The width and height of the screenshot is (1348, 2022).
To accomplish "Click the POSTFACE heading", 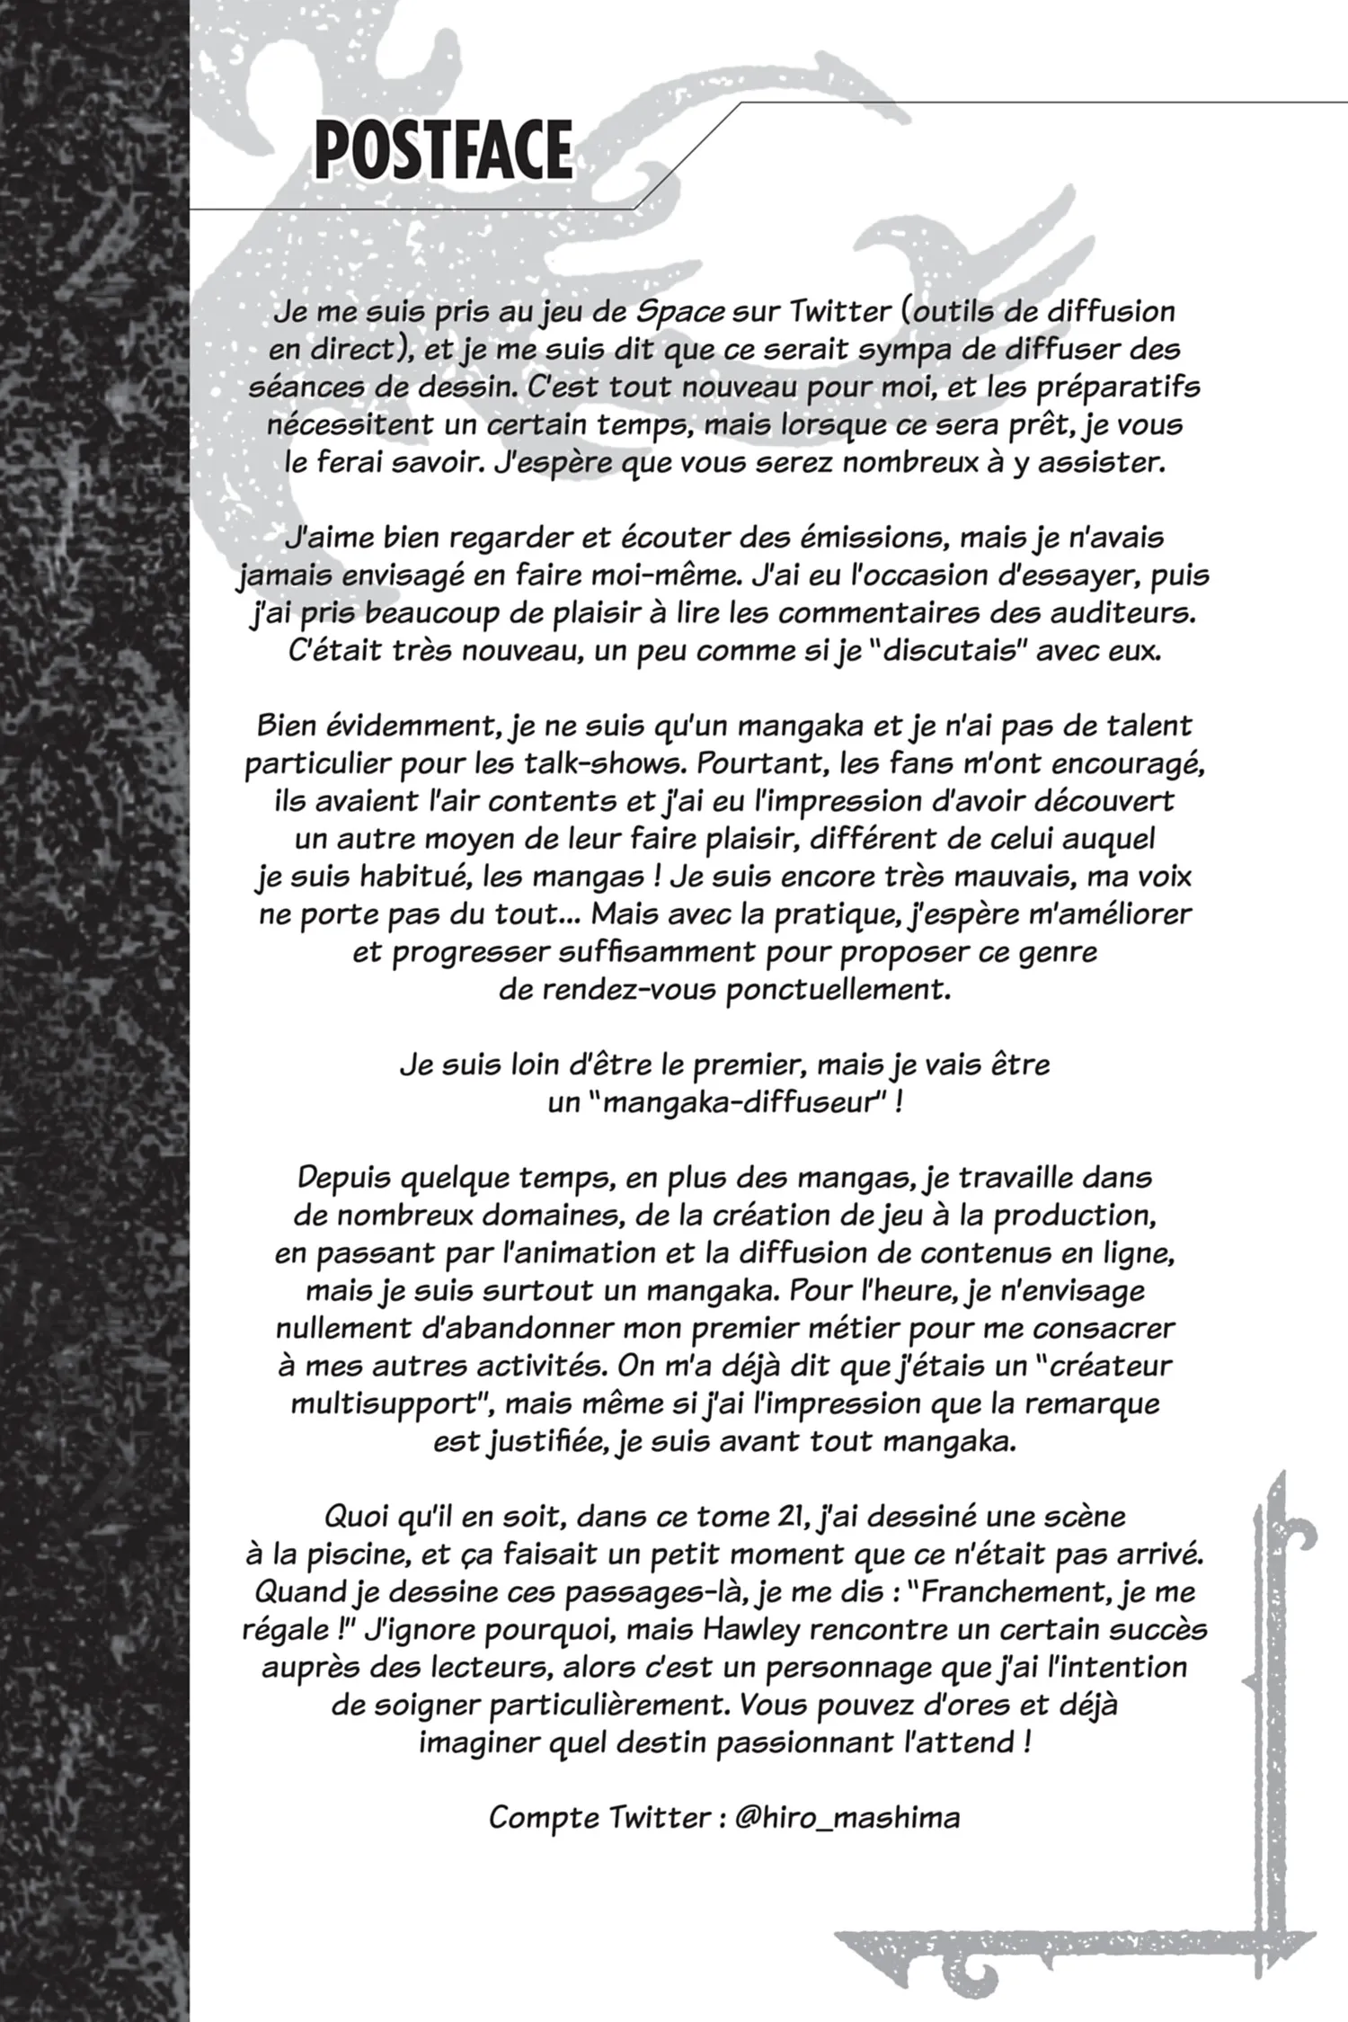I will [443, 151].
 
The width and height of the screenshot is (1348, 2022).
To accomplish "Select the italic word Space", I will [680, 313].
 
